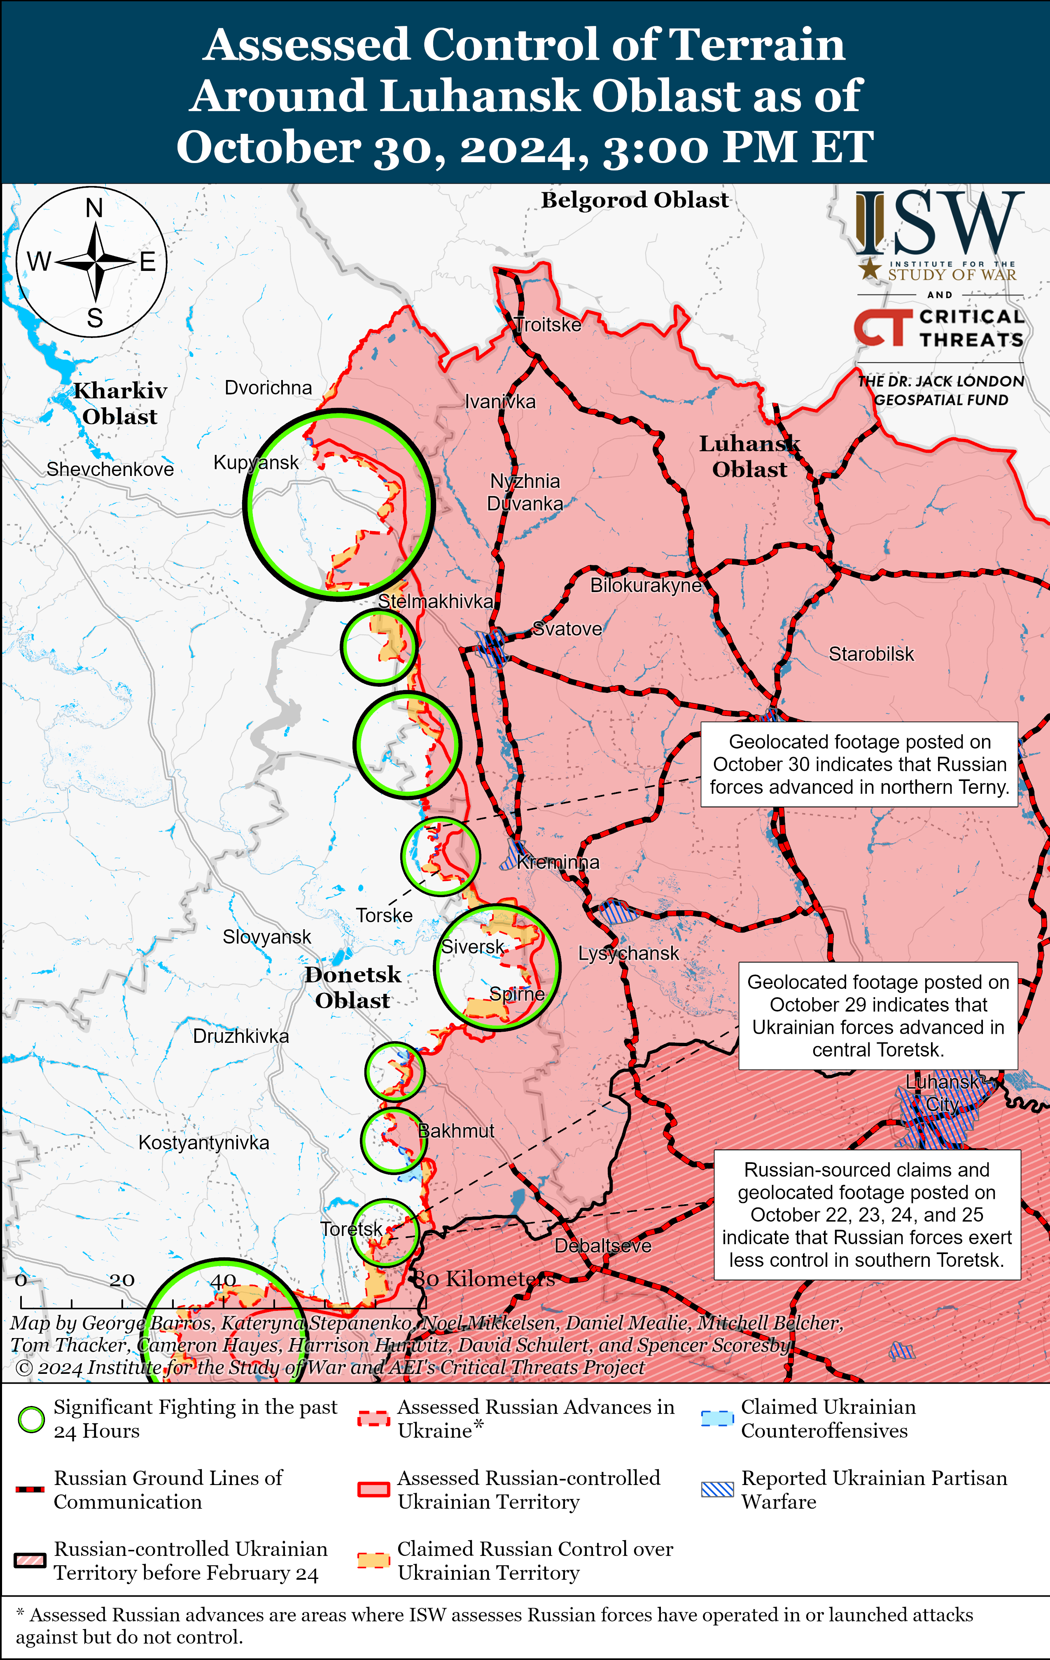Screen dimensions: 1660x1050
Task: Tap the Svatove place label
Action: [x=567, y=629]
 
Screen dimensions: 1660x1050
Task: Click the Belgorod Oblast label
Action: [x=634, y=200]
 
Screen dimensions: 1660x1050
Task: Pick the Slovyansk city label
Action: [x=267, y=937]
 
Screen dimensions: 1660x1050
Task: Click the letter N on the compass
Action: [x=94, y=207]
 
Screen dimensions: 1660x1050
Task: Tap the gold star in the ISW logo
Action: [x=870, y=269]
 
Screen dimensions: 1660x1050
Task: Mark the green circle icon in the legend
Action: [x=31, y=1420]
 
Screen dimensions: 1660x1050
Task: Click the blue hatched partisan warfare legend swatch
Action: [x=717, y=1489]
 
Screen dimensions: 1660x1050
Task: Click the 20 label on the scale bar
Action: [x=121, y=1280]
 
